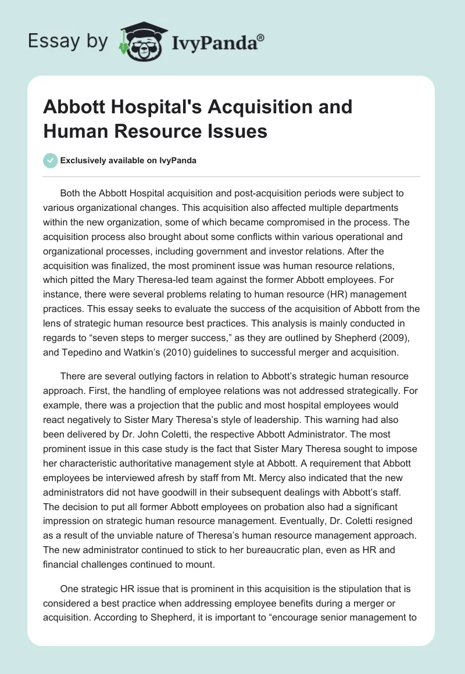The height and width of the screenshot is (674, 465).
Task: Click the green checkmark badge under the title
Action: [x=51, y=160]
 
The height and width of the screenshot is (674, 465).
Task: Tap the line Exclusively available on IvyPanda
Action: [x=128, y=160]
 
